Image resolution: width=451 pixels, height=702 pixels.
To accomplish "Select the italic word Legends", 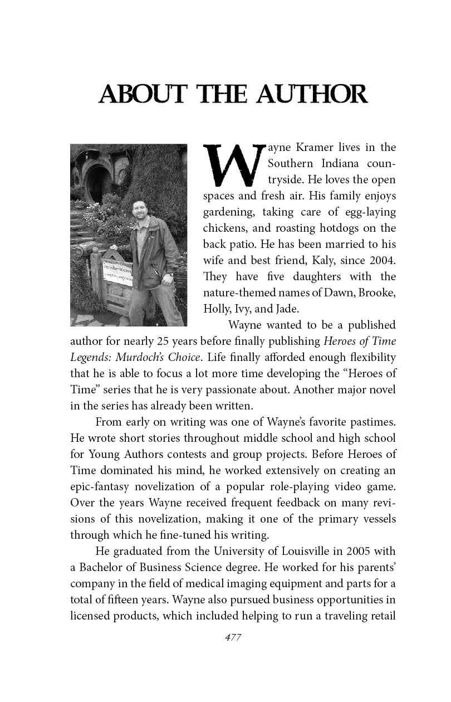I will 90,357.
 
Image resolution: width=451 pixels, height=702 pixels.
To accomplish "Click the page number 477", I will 232,638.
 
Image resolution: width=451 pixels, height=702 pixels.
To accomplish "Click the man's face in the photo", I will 139,210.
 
